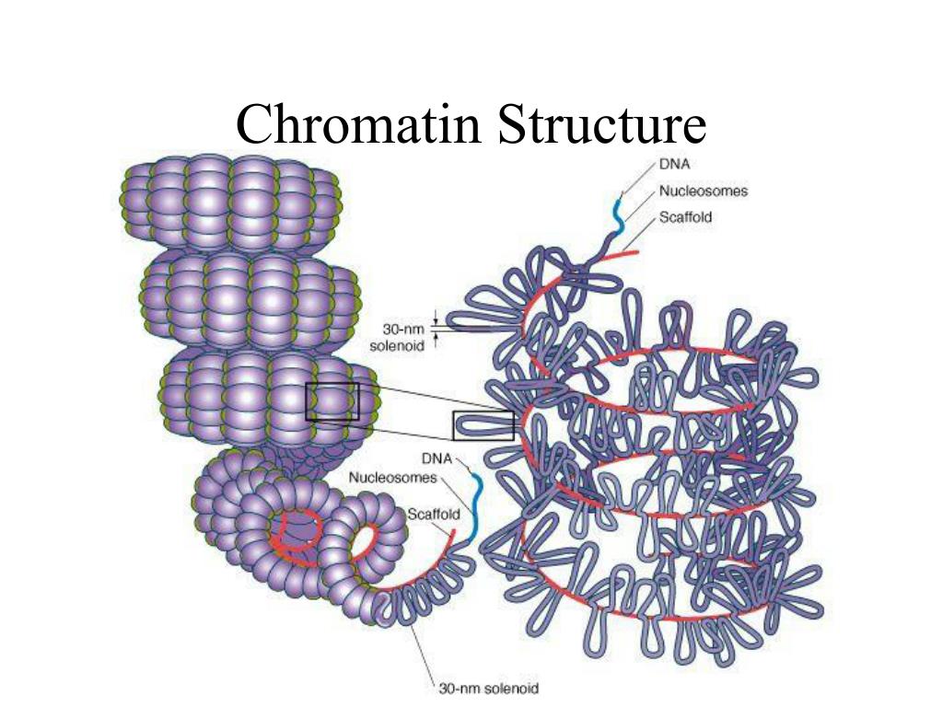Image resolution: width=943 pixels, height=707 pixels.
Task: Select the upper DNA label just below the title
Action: [675, 165]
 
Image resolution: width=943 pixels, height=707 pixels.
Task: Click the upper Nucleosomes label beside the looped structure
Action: [703, 191]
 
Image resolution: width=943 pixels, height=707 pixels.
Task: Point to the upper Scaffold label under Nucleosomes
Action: [685, 218]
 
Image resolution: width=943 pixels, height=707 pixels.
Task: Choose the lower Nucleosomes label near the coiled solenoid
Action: [392, 477]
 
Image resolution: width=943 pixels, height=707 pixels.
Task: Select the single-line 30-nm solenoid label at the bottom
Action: [489, 688]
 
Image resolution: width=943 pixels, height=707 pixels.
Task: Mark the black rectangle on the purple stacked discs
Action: [332, 401]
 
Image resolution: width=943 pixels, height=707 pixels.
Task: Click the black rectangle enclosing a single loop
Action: [483, 425]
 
